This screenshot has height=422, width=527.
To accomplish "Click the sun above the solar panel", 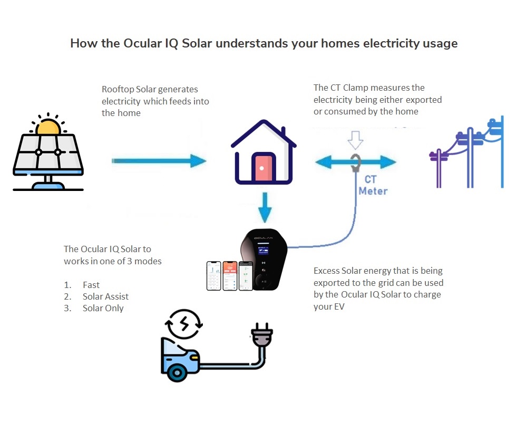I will point(48,127).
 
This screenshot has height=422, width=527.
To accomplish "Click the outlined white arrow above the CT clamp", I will point(356,141).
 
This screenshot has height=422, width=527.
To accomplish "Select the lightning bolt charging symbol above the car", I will point(184,324).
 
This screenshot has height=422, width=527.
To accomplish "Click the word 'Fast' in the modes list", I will point(91,285).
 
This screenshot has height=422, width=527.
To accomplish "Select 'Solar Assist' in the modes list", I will point(105,296).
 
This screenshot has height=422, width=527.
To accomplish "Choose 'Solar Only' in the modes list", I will point(103,308).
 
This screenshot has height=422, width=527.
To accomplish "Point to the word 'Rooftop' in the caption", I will point(114,90).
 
